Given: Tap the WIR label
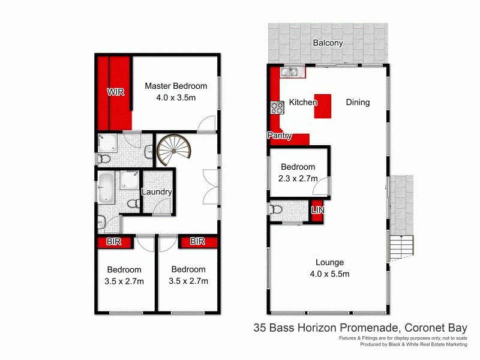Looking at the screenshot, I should click(x=116, y=92).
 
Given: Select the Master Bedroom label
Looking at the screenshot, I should click(x=176, y=86).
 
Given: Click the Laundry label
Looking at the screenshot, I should click(x=157, y=193).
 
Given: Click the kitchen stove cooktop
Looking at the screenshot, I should click(x=277, y=107).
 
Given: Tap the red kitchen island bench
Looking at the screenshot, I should click(x=324, y=104).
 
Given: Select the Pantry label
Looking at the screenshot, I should click(x=280, y=136).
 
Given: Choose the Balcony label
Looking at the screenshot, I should click(x=328, y=43).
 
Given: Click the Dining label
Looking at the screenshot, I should click(x=358, y=103).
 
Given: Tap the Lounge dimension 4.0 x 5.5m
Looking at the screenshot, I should click(x=329, y=274).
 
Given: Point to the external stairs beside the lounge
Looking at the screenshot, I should click(x=401, y=245).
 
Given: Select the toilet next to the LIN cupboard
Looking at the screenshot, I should click(x=277, y=209).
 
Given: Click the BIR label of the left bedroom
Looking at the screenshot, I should click(x=115, y=242).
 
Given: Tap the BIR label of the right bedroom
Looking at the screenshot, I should click(x=197, y=242).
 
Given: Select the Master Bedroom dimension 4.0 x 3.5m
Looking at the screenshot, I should click(x=176, y=97).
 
